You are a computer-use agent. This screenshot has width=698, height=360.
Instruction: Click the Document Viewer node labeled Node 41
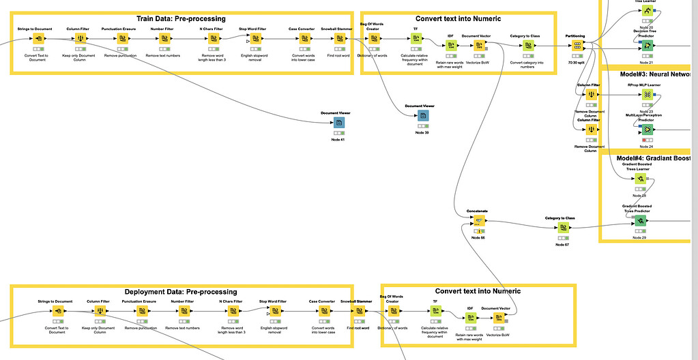coord(338,123)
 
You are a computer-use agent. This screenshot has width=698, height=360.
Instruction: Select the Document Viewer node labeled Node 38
coord(423,116)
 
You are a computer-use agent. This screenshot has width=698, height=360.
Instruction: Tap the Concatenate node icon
coord(478,221)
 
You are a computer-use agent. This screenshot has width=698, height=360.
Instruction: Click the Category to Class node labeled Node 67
coord(562,228)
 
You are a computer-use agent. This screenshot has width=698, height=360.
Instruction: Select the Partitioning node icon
coord(577,46)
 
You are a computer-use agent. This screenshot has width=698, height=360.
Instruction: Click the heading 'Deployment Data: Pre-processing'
coord(181,291)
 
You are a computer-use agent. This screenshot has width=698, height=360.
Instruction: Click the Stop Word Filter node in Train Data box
coord(256,39)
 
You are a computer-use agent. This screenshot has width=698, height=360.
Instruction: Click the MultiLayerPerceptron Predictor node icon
coord(645,130)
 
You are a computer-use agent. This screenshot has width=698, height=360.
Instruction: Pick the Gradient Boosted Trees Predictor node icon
coord(639,221)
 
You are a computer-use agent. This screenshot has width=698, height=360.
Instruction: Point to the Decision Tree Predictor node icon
coord(645,46)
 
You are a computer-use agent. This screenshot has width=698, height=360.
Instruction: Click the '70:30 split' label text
coord(577,63)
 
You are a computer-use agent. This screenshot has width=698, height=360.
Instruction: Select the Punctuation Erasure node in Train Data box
coord(123,39)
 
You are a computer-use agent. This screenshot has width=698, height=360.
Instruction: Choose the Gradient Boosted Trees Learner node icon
coord(639,179)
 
